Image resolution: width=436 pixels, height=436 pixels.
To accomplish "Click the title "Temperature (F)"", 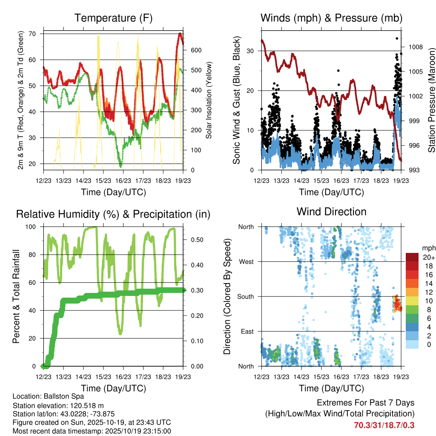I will point(113,18).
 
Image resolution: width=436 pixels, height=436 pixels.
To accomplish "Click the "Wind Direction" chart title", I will point(331,211).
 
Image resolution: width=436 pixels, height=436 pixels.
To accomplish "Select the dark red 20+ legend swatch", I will point(413,257).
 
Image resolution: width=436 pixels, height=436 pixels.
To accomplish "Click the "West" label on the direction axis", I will point(246,261).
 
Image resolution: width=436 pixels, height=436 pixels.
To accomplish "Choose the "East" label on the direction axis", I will point(247,331).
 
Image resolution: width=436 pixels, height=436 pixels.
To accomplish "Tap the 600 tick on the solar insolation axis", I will point(195,50).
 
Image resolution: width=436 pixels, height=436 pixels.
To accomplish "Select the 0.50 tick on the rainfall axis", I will point(194,240).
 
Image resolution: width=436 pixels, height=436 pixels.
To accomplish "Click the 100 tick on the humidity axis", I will point(32,227).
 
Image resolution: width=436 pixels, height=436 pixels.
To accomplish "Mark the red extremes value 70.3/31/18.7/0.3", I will point(384,425).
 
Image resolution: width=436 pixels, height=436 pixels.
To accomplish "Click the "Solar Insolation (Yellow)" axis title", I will point(209,100).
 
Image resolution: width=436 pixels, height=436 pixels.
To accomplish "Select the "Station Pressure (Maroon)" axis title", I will point(431,100).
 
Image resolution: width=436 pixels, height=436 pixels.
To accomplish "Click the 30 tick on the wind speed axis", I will point(250,51).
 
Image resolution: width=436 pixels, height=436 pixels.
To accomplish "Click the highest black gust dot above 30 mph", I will point(397,38).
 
